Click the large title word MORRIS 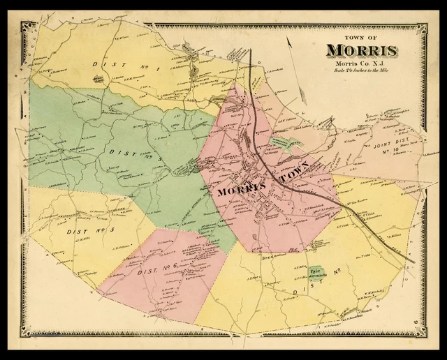tap(361, 52)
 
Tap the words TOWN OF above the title tap(362, 38)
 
